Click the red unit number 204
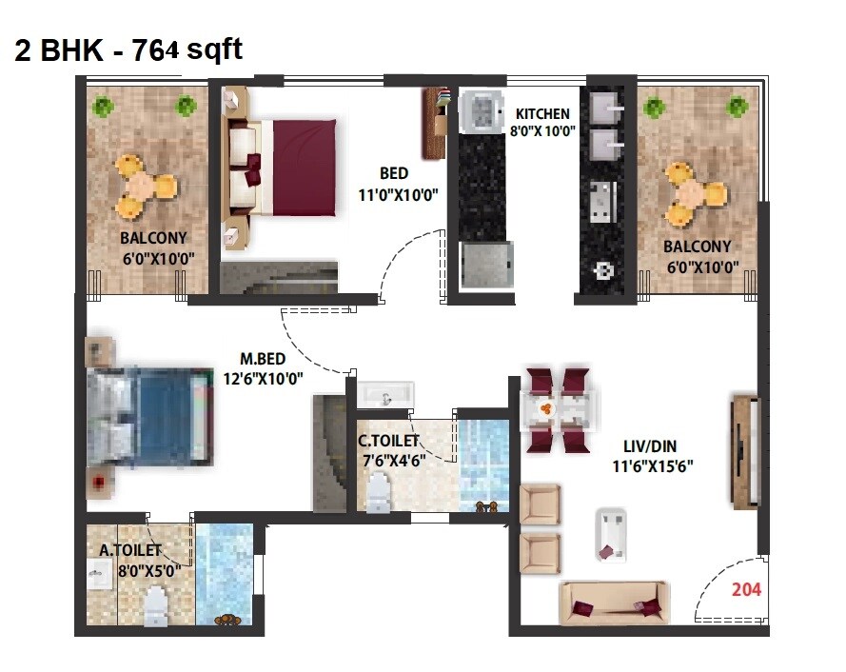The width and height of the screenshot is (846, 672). click(746, 589)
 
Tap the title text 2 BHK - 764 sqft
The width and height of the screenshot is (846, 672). click(128, 49)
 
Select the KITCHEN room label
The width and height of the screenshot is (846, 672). click(542, 114)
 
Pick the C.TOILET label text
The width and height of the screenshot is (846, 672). click(388, 442)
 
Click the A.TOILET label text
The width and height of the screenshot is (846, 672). click(130, 549)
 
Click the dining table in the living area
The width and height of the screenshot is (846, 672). click(561, 408)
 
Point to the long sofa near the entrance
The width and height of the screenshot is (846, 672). click(613, 602)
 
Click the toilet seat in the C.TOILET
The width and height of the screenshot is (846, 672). click(379, 490)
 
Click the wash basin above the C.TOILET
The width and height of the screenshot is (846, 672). click(386, 394)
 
